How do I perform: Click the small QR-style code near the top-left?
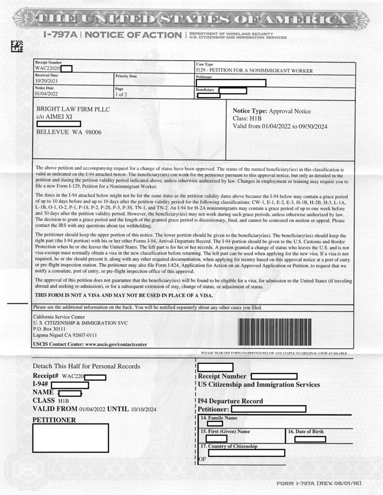[x=17, y=46]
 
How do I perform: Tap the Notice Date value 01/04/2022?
[x=46, y=94]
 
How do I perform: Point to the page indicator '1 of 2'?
[x=123, y=94]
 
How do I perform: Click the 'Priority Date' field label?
[x=126, y=76]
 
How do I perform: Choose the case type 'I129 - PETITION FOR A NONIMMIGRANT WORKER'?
[x=254, y=71]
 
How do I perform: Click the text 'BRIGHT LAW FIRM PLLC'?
[x=73, y=109]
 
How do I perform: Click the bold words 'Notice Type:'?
[x=250, y=111]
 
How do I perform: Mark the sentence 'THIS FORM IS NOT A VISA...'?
[x=123, y=295]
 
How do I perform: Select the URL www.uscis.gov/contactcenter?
[x=109, y=344]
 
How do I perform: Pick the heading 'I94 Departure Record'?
[x=230, y=401]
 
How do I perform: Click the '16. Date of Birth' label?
[x=306, y=431]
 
